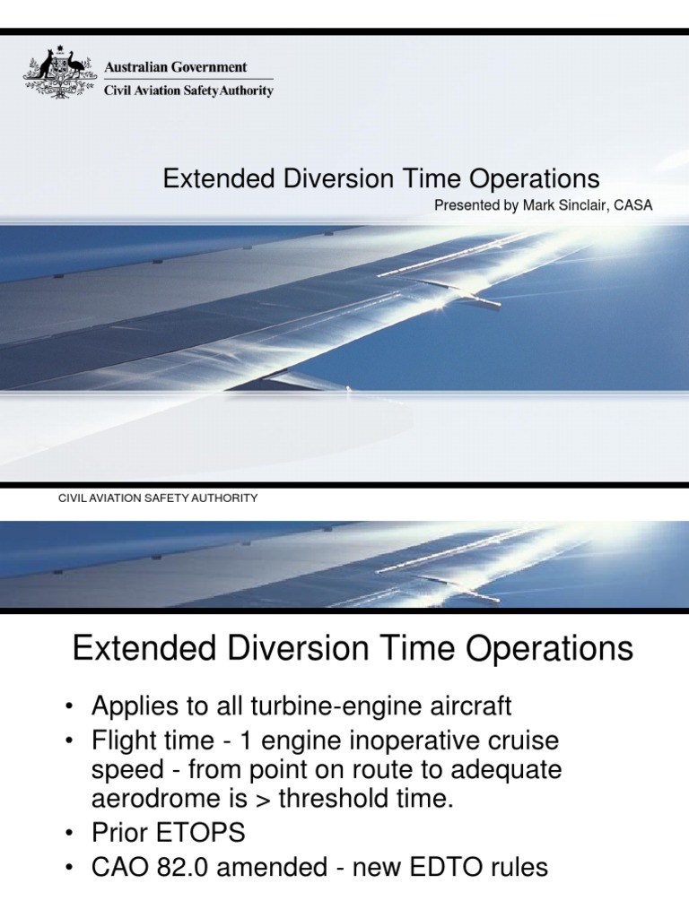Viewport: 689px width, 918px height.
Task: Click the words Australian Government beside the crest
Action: (176, 67)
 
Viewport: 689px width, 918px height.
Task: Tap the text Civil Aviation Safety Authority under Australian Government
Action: (189, 90)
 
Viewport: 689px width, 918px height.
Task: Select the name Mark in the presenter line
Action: (539, 205)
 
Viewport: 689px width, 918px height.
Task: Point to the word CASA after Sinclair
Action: (632, 205)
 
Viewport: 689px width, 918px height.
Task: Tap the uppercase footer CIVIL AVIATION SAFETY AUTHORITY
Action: (158, 498)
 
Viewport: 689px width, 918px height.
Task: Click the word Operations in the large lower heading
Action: (547, 648)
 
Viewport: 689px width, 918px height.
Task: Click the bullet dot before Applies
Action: (69, 707)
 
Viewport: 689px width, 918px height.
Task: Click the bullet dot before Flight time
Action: (69, 743)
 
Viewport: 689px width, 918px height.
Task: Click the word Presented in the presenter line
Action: (465, 205)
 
